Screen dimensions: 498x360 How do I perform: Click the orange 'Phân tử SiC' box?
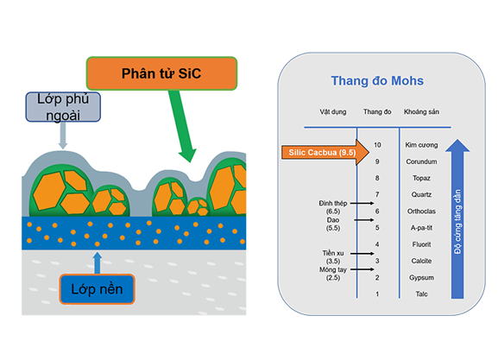pos(161,73)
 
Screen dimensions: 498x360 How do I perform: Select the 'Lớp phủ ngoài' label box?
pos(63,107)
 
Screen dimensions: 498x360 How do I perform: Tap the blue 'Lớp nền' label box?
pos(97,289)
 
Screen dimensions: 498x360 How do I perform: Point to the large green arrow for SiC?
pos(183,126)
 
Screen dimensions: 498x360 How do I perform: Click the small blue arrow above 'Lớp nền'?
pos(98,263)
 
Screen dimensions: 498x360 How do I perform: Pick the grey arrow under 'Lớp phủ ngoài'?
pos(63,136)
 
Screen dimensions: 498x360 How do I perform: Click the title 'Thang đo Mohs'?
pos(377,80)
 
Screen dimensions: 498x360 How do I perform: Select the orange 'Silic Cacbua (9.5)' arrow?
pos(325,153)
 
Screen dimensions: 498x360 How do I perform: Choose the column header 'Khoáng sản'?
pos(421,112)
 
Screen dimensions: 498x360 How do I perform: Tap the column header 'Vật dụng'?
pos(333,112)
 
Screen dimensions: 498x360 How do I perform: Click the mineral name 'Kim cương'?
pos(421,145)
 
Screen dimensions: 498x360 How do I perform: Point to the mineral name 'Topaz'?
pos(421,178)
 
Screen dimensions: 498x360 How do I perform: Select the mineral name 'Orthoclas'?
pos(421,212)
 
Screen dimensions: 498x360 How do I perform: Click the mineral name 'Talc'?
pos(421,294)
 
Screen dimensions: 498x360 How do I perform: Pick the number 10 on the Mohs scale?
pos(377,145)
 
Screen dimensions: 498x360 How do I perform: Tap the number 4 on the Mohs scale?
pos(377,244)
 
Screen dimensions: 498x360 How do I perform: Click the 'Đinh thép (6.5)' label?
pos(333,207)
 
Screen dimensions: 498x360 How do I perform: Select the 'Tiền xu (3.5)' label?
pos(333,257)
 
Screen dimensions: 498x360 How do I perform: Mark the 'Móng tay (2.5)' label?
pos(333,274)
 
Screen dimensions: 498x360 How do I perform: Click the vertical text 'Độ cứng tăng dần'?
pos(457,222)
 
